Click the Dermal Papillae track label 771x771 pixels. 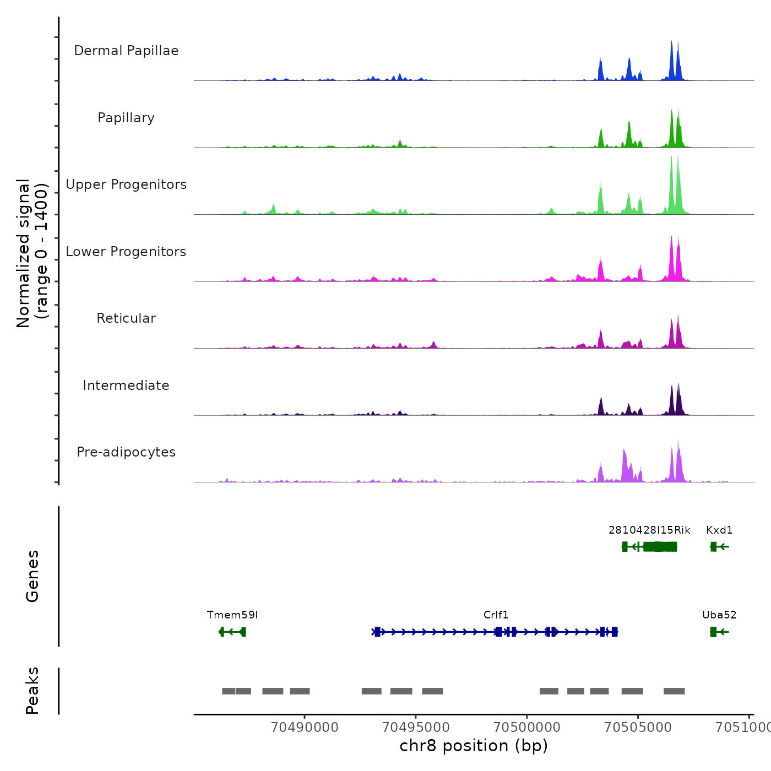[126, 51]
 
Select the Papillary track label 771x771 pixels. [126, 118]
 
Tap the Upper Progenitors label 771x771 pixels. [126, 184]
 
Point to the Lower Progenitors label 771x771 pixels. [126, 252]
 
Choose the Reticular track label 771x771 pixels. [126, 318]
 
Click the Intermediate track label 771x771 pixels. [126, 385]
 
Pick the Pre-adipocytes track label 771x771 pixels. [126, 452]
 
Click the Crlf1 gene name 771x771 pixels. [496, 615]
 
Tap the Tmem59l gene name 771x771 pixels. [232, 615]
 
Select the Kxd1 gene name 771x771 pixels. [719, 530]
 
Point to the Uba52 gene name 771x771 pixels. [719, 615]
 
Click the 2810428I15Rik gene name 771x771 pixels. [649, 530]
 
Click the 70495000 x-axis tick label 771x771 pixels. [416, 727]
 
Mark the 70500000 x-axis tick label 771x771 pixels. [527, 727]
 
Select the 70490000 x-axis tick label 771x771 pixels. [305, 727]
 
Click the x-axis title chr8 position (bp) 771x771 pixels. [474, 746]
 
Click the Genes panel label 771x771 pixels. [32, 576]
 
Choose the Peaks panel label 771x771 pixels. [32, 691]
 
